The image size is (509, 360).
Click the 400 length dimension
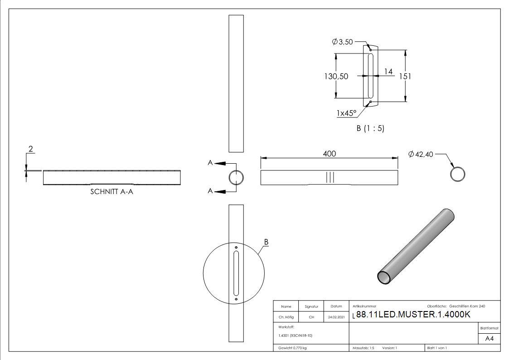pyautogui.click(x=329, y=154)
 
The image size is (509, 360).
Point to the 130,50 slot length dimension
pyautogui.click(x=336, y=76)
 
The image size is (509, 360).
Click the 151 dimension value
pyautogui.click(x=404, y=76)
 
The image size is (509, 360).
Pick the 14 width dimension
pyautogui.click(x=388, y=72)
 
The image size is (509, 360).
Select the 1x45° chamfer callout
pyautogui.click(x=346, y=113)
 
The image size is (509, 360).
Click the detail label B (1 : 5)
pyautogui.click(x=370, y=128)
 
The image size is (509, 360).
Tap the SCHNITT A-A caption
pyautogui.click(x=111, y=192)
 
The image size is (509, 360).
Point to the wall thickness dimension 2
pyautogui.click(x=31, y=149)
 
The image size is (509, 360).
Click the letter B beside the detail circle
pyautogui.click(x=266, y=243)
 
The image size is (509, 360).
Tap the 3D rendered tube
pyautogui.click(x=416, y=247)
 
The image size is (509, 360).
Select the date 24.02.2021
pyautogui.click(x=336, y=317)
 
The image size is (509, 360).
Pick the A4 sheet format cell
pyautogui.click(x=489, y=339)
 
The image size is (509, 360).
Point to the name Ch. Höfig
pyautogui.click(x=286, y=317)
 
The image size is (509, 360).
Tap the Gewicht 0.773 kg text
pyautogui.click(x=292, y=348)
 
